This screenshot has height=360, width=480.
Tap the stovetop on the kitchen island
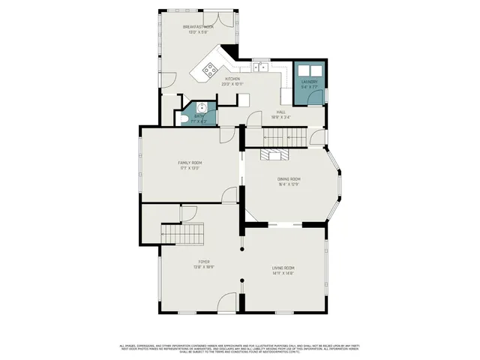[210, 70]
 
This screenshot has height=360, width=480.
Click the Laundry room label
[309, 82]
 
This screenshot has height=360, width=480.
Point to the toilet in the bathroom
[184, 118]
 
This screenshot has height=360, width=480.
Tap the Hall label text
[280, 112]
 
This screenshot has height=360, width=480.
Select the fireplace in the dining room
[274, 154]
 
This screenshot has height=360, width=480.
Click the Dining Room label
[289, 178]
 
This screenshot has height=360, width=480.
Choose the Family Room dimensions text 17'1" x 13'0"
[189, 168]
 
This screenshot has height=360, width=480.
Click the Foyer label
[204, 262]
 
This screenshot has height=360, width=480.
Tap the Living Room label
[283, 268]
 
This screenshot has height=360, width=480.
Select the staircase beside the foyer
[184, 234]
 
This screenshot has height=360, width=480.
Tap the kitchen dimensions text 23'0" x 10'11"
[232, 84]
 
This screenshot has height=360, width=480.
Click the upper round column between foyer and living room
[241, 248]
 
